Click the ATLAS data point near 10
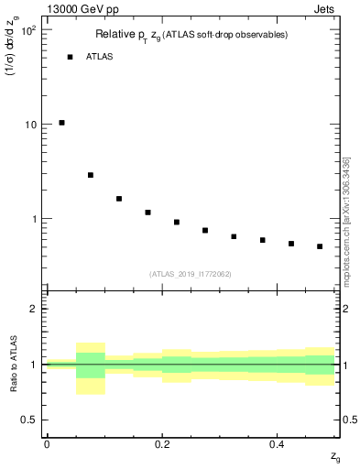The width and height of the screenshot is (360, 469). [61, 123]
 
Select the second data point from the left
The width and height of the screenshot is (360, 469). [91, 175]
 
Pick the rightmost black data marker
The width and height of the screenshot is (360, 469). [320, 246]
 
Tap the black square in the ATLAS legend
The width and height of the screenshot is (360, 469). [70, 57]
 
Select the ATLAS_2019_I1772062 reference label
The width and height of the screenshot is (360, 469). [191, 273]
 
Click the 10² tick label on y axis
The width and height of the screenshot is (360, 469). [27, 29]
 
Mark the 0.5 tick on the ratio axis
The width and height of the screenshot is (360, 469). [29, 420]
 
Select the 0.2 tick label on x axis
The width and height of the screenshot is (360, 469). [161, 443]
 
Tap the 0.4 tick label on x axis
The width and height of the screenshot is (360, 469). [277, 443]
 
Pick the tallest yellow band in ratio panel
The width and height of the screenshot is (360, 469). [91, 368]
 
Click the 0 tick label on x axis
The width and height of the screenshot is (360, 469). [47, 443]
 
